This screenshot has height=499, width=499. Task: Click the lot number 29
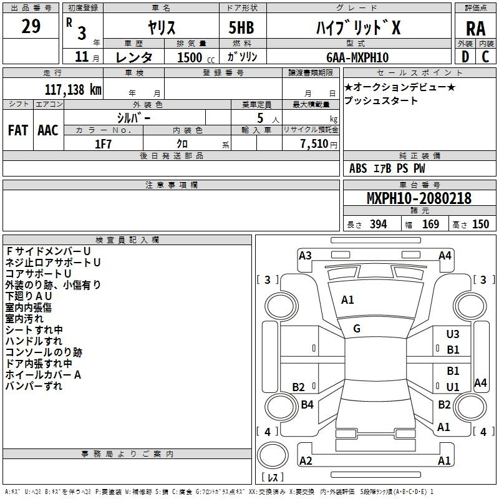point(31,26)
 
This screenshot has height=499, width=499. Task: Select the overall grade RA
point(475,29)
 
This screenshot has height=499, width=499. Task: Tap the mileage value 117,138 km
point(73,89)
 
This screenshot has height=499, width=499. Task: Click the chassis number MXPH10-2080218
point(419,198)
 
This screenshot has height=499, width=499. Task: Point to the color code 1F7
point(103,144)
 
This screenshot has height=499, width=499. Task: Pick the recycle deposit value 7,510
point(314,144)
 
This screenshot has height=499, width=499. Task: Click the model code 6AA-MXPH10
point(357,57)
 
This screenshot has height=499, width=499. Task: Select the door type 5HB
point(241,27)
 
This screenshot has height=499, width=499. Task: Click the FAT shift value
point(18,130)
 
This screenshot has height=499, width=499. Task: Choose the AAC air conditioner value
point(48,130)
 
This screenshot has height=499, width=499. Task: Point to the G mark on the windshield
point(357,329)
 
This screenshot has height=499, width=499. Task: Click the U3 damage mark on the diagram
point(453,334)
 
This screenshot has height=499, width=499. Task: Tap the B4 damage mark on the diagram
point(307,404)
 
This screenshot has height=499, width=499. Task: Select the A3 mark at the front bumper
point(305,256)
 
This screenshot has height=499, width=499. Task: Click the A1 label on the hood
point(347,300)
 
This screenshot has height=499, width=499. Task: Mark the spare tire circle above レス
point(273,455)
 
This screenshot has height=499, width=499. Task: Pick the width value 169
point(430,224)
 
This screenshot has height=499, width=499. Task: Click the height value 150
point(480,224)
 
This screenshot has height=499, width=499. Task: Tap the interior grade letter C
point(485,57)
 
